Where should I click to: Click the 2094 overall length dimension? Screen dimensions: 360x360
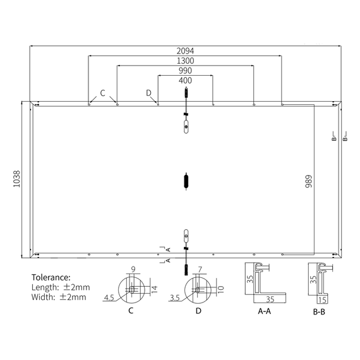pyautogui.click(x=185, y=51)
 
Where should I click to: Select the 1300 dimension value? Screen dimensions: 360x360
pyautogui.click(x=185, y=61)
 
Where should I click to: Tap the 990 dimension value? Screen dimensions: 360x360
pyautogui.click(x=185, y=71)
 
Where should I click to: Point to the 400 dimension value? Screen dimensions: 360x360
pyautogui.click(x=185, y=80)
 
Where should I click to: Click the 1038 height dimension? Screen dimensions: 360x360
pyautogui.click(x=16, y=179)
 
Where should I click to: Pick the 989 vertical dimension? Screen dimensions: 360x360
pyautogui.click(x=309, y=181)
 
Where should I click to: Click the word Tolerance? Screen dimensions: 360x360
pyautogui.click(x=51, y=277)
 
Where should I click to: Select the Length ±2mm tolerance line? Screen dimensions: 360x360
pyautogui.click(x=61, y=287)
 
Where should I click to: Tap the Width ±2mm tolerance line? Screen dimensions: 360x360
pyautogui.click(x=59, y=297)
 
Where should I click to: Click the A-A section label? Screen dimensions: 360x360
pyautogui.click(x=264, y=311)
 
